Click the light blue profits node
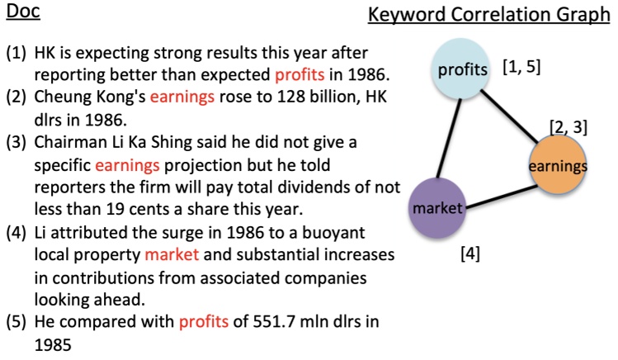pos(462,69)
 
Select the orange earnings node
pos(558,166)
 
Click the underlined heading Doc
pos(22,13)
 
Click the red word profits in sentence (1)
pos(300,76)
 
